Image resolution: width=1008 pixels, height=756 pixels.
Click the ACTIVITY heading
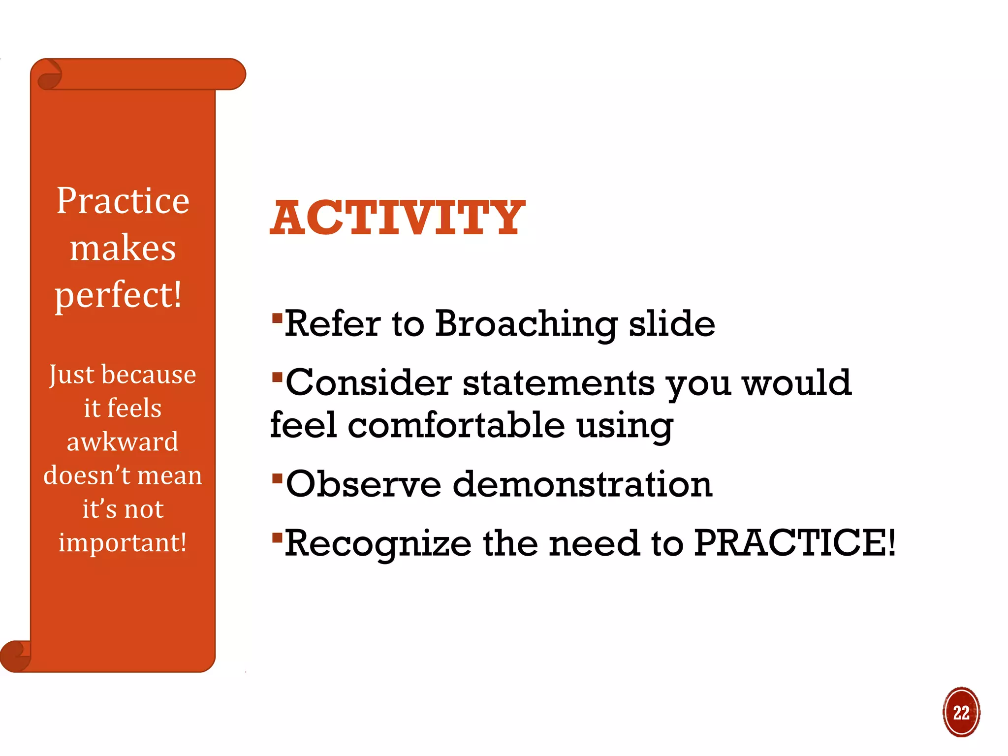point(398,218)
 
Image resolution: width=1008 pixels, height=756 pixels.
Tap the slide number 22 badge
point(961,712)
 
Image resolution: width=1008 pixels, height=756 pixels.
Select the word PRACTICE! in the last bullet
point(794,543)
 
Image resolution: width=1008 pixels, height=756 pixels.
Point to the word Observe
point(363,484)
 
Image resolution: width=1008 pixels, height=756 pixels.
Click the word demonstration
point(582,484)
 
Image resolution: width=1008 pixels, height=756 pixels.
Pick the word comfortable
point(456,425)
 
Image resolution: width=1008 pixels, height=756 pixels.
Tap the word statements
point(559,383)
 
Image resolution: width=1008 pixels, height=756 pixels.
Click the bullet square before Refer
point(277,318)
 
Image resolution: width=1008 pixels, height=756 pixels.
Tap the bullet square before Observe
point(277,478)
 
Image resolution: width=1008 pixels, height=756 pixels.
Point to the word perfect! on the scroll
point(118,295)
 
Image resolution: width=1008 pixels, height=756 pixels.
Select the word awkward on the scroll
point(123,441)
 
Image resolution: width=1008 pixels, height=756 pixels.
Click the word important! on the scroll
point(123,542)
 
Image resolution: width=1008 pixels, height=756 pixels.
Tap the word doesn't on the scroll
point(87,475)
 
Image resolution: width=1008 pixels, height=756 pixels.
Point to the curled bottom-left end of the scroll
point(15,656)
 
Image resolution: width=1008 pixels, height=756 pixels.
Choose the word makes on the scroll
point(123,248)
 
